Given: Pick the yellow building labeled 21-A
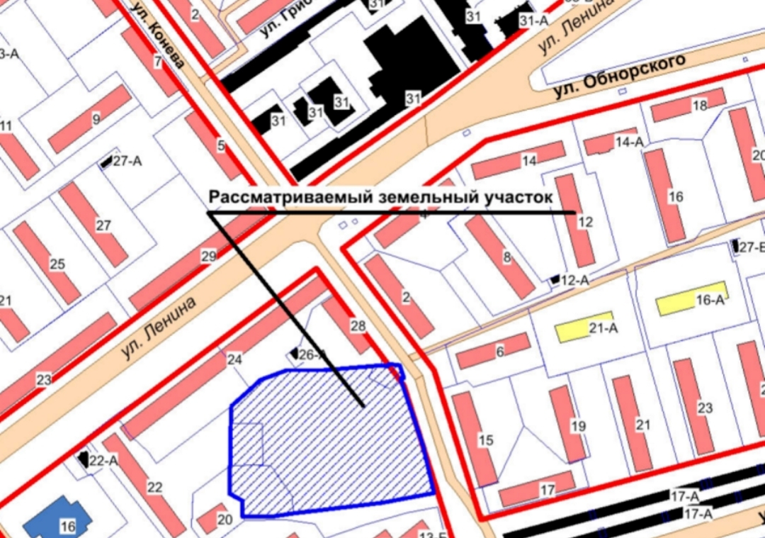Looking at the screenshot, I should pyautogui.click(x=584, y=327).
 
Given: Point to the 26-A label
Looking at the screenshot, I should pyautogui.click(x=311, y=354).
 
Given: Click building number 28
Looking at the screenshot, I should pyautogui.click(x=358, y=326).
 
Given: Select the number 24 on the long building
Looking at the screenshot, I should pyautogui.click(x=234, y=359).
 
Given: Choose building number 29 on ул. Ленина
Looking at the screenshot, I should pyautogui.click(x=208, y=256).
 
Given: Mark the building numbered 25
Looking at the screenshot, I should pyautogui.click(x=57, y=264).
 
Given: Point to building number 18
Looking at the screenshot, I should pyautogui.click(x=700, y=106).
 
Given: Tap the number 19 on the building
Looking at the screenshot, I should pyautogui.click(x=579, y=426).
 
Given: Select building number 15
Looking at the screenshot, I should pyautogui.click(x=485, y=440).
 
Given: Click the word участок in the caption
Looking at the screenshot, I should pyautogui.click(x=516, y=197).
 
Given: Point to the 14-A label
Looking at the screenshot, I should pyautogui.click(x=628, y=142).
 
